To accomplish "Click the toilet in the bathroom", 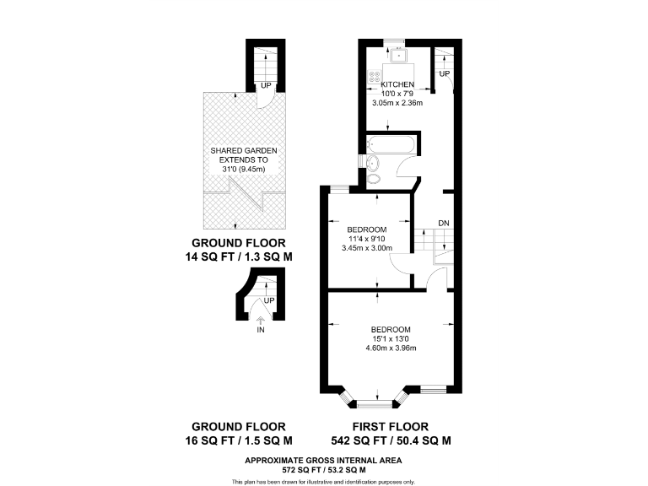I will point(374,176).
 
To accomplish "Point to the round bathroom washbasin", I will point(374,160).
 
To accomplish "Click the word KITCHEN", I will point(397,85).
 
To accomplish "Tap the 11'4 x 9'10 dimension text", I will point(366,239).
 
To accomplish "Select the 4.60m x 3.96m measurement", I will point(391,348).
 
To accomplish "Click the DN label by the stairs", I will point(443,223).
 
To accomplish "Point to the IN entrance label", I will point(261,329).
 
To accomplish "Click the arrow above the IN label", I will point(261,319).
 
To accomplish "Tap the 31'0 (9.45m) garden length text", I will point(243,169).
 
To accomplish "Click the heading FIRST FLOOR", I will point(391,426).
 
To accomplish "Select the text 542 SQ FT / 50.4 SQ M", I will point(391,440).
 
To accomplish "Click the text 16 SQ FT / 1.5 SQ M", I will point(238,440).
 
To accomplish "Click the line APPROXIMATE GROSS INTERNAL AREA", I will point(323,460).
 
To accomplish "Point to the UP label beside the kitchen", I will point(444,74).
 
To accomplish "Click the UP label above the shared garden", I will point(266,85).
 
